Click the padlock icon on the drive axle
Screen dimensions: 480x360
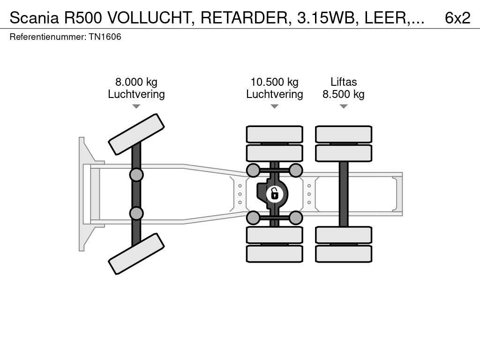[x=274, y=194]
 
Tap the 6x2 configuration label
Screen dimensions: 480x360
[x=457, y=18]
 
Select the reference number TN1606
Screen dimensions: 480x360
[x=105, y=37]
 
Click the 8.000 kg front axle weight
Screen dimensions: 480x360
[x=136, y=82]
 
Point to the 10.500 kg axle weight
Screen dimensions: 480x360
[x=274, y=82]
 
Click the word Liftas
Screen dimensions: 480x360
[x=344, y=82]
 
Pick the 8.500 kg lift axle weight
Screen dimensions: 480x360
[x=344, y=94]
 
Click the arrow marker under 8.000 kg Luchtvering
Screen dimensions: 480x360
[x=136, y=106]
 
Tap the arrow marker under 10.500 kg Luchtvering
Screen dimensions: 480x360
[x=275, y=106]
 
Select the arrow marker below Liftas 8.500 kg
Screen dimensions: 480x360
[x=344, y=106]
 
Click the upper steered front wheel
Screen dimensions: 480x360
[x=136, y=135]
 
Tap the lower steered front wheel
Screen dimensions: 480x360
[x=136, y=254]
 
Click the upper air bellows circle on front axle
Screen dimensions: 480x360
[x=136, y=175]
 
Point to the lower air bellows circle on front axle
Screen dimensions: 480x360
[x=136, y=213]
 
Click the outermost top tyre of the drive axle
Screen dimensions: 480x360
[x=275, y=134]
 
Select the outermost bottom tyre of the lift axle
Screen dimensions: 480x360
[x=344, y=254]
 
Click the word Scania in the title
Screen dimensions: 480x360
[x=34, y=18]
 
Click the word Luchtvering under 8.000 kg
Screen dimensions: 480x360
[x=136, y=94]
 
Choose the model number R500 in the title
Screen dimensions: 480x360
[x=83, y=18]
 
